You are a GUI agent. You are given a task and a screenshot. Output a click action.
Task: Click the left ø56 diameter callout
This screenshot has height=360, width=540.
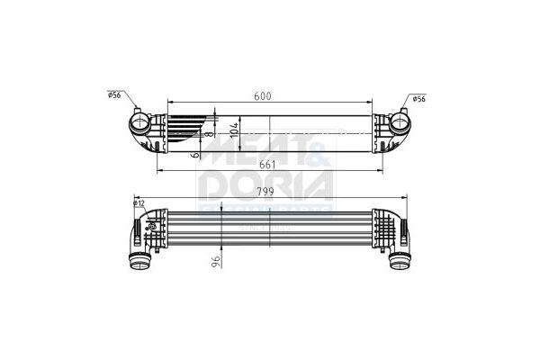click(114, 94)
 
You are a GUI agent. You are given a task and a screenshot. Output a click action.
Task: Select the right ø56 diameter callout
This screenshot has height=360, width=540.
click(418, 99)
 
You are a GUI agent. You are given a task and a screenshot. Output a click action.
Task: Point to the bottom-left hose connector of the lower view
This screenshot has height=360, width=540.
click(140, 261)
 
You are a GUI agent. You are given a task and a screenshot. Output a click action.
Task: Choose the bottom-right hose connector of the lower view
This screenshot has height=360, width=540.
click(399, 261)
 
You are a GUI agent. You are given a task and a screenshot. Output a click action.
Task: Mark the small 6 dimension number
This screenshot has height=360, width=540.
click(196, 155)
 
